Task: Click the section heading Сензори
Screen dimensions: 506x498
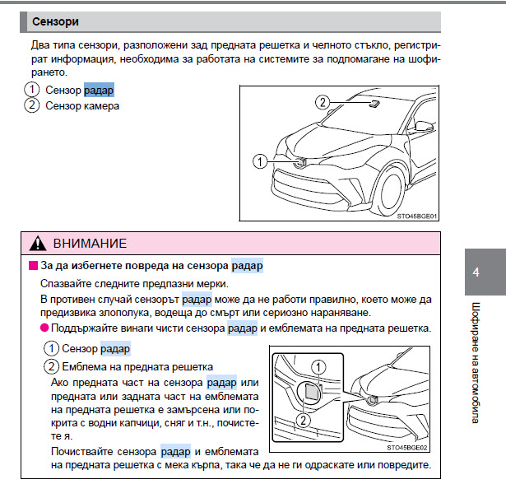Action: point(55,21)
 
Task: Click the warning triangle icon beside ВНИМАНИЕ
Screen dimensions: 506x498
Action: point(38,244)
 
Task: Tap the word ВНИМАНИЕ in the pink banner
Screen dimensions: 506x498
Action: point(90,244)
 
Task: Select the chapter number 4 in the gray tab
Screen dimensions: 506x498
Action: point(476,272)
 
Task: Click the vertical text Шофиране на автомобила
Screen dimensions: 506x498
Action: point(476,362)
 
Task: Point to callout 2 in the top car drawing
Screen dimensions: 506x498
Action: point(323,103)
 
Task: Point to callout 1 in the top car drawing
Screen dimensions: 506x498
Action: point(260,161)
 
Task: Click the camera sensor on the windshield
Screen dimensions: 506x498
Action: point(374,104)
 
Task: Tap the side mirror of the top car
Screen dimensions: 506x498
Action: point(424,126)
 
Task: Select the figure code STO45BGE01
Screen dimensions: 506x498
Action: point(416,216)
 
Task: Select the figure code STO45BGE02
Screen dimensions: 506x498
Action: point(407,448)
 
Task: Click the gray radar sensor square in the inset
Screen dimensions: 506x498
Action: point(312,392)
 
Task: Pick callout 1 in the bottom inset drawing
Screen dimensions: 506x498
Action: point(318,367)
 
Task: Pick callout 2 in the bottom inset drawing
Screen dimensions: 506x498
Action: point(304,421)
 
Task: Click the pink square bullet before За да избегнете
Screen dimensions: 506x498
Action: point(33,266)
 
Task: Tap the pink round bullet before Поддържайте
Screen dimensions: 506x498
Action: point(44,328)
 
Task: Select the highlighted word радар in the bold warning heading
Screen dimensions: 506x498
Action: point(247,266)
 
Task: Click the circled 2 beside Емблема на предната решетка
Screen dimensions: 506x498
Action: point(51,366)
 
